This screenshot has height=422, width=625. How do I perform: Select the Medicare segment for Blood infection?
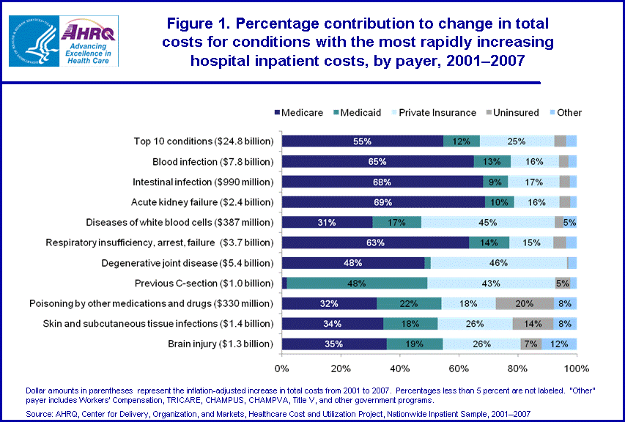pyautogui.click(x=378, y=161)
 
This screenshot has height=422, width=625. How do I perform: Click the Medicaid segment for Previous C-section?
pyautogui.click(x=357, y=283)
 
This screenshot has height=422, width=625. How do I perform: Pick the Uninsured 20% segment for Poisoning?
pyautogui.click(x=525, y=303)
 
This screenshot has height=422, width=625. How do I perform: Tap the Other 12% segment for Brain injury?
pyautogui.click(x=559, y=343)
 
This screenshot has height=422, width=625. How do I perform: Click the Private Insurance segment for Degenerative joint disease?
pyautogui.click(x=499, y=262)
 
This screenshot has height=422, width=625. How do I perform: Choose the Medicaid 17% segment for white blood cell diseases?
pyautogui.click(x=396, y=222)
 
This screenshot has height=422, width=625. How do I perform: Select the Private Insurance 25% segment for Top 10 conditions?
pyautogui.click(x=517, y=141)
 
